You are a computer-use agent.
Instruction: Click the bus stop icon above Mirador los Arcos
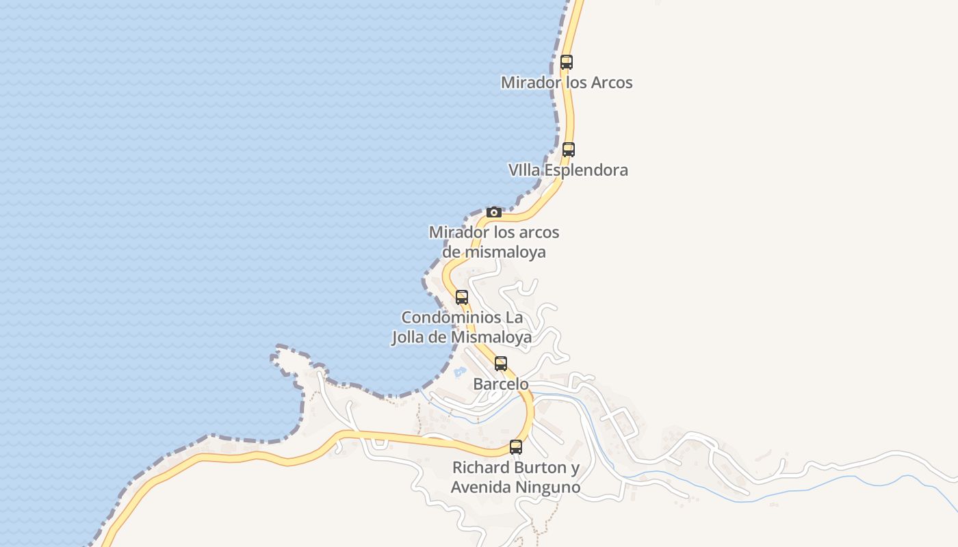[x=567, y=62]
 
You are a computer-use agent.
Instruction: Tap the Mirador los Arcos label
[x=567, y=83]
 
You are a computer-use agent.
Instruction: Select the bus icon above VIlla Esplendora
[x=569, y=150]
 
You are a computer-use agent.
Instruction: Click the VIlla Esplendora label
[x=568, y=170]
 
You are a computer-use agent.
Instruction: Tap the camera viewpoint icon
[x=494, y=212]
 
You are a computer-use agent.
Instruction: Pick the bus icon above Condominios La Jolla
[x=462, y=297]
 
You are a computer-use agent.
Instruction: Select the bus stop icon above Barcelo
[x=501, y=364]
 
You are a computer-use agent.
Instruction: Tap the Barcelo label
[x=501, y=384]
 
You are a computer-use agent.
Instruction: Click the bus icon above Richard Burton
[x=516, y=447]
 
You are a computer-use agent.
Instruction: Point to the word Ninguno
[x=547, y=488]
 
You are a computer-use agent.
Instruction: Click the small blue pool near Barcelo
[x=459, y=372]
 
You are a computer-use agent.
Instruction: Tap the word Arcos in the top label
[x=609, y=83]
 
